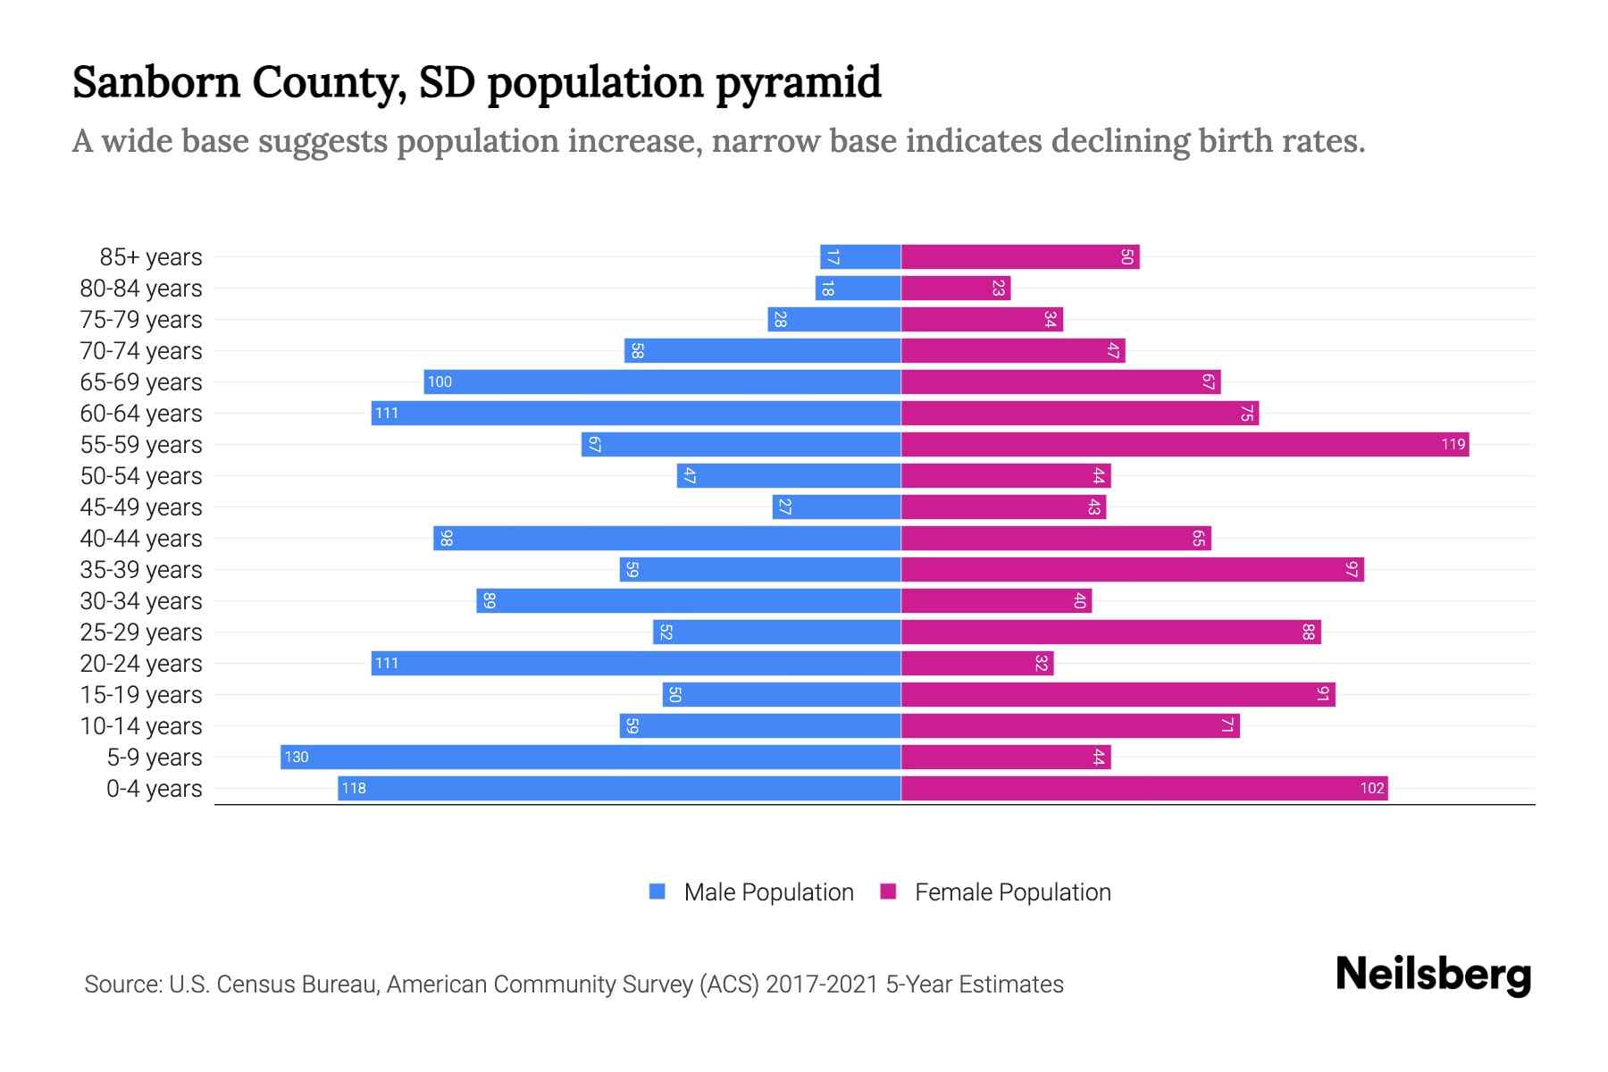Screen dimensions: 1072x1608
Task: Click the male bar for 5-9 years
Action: click(590, 757)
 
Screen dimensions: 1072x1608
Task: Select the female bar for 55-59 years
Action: click(1185, 444)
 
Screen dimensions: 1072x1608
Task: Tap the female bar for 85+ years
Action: click(1020, 257)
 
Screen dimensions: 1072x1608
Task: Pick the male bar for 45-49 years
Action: click(836, 507)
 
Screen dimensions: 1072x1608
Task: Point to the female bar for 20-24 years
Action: click(977, 663)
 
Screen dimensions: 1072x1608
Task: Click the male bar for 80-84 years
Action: click(858, 289)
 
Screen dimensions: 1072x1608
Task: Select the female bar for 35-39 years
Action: click(1132, 569)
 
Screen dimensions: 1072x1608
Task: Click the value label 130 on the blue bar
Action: click(297, 758)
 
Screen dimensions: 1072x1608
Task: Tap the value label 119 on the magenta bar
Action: click(1453, 444)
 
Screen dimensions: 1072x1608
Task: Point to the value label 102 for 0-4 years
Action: click(1372, 788)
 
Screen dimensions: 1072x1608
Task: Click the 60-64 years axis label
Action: click(141, 414)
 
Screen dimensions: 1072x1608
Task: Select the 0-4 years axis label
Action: click(154, 789)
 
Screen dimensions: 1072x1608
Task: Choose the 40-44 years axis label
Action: click(141, 539)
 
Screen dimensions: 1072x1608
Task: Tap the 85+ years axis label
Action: click(151, 257)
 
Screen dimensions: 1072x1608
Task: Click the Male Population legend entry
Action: click(768, 892)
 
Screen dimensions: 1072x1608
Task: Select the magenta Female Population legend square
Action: click(888, 892)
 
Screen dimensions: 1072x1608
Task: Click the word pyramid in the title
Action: click(798, 82)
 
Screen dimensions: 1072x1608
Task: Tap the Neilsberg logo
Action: click(1433, 975)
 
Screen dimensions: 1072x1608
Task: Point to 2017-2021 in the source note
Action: click(822, 984)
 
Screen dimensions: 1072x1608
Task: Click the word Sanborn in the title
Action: click(156, 82)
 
